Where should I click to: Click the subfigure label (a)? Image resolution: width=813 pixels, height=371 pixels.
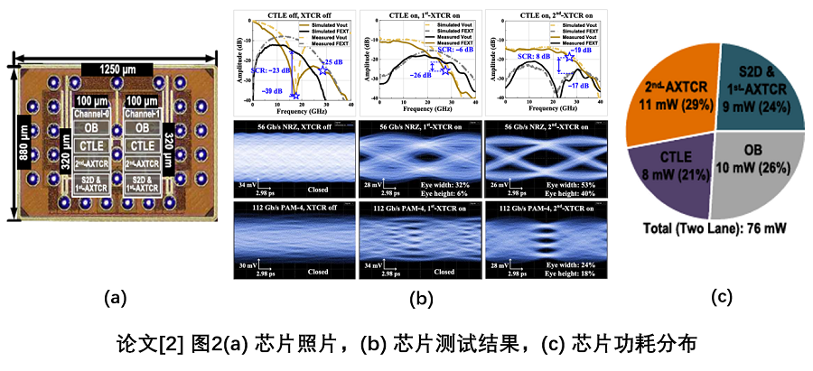(x=115, y=297)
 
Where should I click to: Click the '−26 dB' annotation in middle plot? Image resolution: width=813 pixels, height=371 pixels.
(x=402, y=76)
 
